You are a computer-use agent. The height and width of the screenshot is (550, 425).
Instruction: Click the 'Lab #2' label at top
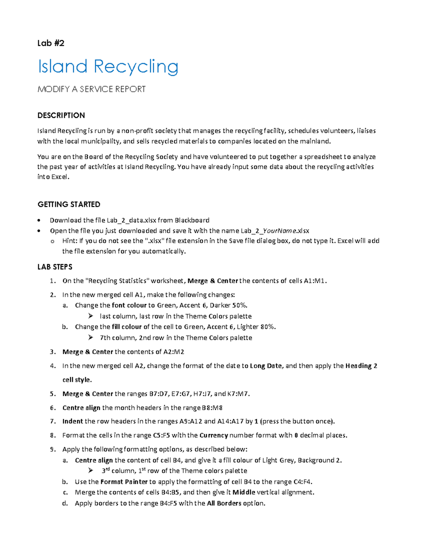[x=51, y=43]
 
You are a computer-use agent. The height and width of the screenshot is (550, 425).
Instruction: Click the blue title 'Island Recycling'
[x=108, y=67]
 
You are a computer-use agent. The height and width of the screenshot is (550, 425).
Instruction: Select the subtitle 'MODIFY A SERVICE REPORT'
[x=91, y=89]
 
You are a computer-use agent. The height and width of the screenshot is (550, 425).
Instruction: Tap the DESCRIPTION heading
[x=61, y=115]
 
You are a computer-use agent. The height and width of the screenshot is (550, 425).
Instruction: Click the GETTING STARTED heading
[x=69, y=204]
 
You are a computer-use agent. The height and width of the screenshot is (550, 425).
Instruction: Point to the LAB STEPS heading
[x=55, y=267]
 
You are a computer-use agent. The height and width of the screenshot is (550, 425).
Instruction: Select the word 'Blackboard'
[x=192, y=220]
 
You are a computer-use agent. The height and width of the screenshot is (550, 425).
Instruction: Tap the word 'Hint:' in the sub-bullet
[x=70, y=241]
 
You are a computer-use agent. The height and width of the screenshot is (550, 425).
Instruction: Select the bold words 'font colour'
[x=129, y=305]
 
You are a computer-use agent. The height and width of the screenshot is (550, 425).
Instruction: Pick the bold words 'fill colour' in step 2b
[x=126, y=327]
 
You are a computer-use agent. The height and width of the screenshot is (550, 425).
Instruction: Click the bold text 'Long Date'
[x=266, y=366]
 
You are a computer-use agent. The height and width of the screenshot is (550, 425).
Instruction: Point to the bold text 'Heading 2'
[x=361, y=366]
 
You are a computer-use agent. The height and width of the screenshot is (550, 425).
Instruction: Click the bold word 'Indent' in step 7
[x=72, y=421]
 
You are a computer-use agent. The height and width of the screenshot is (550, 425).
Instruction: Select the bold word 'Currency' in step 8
[x=214, y=435]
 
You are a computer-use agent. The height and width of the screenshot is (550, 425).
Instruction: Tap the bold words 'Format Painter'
[x=124, y=482]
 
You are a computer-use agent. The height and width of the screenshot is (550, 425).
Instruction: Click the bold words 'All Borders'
[x=224, y=503]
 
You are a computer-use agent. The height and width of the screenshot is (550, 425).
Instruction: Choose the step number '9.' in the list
[x=53, y=449]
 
